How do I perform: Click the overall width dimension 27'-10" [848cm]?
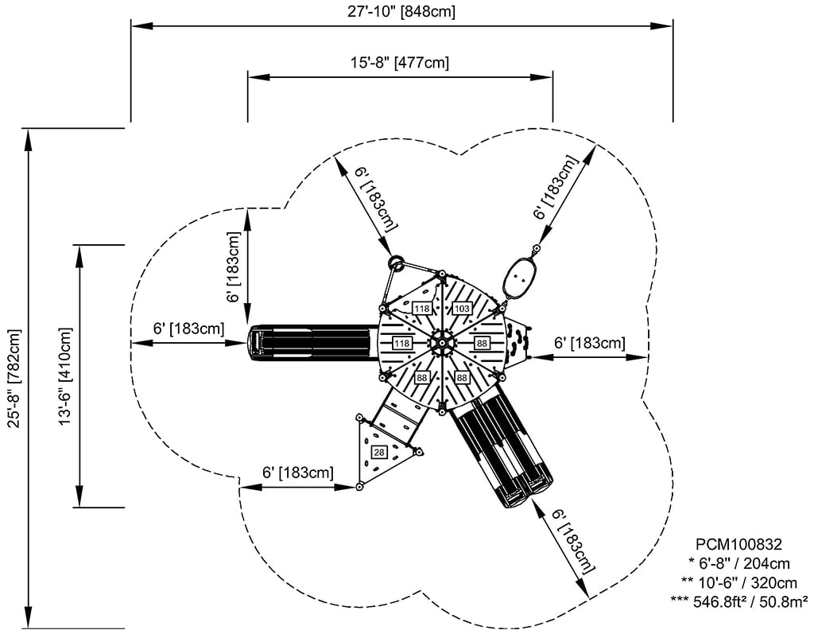click(401, 11)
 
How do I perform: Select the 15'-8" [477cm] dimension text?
click(401, 62)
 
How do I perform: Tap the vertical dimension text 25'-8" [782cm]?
click(14, 379)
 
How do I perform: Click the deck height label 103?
click(463, 308)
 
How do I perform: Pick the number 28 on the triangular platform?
click(378, 452)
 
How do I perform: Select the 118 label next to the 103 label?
click(421, 308)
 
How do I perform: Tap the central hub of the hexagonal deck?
click(440, 342)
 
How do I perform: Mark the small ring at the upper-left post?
click(395, 262)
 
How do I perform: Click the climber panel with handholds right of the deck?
click(518, 342)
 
